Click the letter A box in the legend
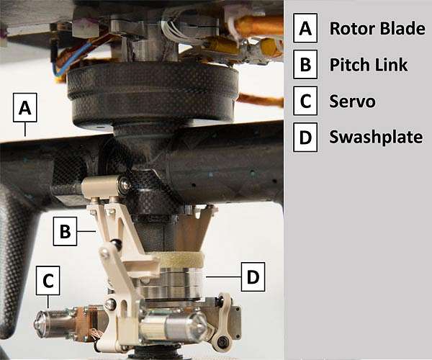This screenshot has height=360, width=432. pos(305,28)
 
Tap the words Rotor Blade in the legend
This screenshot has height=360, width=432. pos(377,28)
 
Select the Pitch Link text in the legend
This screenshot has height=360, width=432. pos(369,65)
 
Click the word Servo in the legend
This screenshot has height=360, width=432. pos(352,101)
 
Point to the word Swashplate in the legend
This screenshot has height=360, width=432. pos(376,137)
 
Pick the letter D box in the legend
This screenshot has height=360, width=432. pos(305,138)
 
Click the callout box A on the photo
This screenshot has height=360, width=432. pos(24,107)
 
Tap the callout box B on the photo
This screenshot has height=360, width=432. pos(65,231)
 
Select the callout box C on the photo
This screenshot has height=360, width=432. pos(48,280)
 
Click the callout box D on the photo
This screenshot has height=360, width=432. pos(253,276)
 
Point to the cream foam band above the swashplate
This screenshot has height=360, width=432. pos(181,261)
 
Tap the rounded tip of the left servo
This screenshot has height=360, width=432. pos(39,323)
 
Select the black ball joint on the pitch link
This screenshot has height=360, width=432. pos(115,244)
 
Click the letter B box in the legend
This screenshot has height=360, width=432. pos(305,64)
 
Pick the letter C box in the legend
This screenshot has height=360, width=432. pos(305,101)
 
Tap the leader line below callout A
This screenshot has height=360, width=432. pos(25,129)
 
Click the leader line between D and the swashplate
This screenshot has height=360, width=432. pos(223,276)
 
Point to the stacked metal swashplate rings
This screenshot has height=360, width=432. pos(171,284)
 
